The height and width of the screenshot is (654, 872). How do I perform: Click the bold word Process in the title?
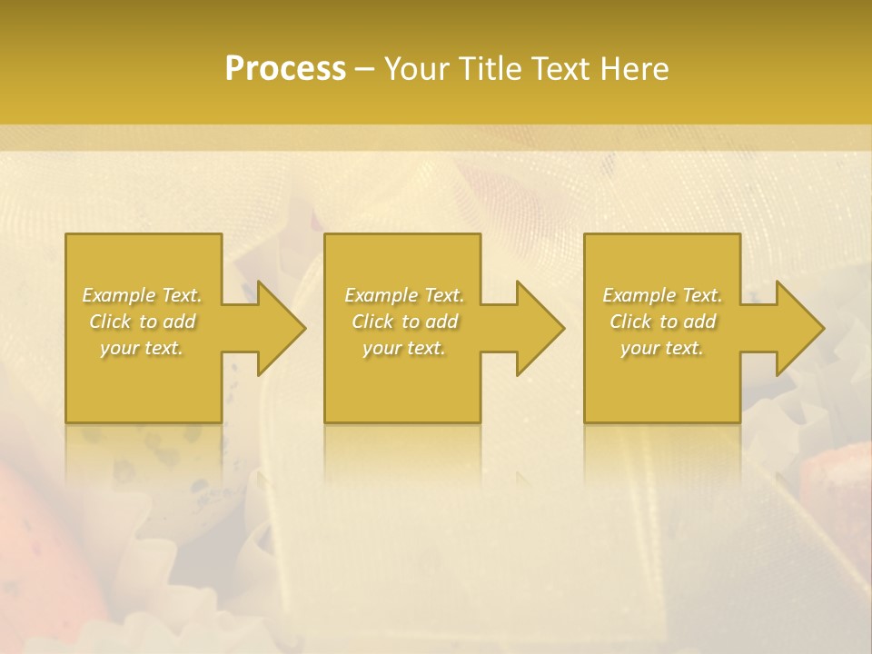(x=285, y=69)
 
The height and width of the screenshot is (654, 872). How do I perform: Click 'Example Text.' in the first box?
(x=142, y=295)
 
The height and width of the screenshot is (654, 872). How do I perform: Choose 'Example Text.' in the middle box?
(x=404, y=295)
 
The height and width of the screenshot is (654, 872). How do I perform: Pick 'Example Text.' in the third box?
(x=662, y=295)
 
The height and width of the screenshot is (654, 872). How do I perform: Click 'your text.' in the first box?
(x=142, y=348)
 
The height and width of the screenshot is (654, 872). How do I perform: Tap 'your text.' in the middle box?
(x=404, y=348)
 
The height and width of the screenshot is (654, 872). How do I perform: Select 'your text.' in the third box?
(x=662, y=348)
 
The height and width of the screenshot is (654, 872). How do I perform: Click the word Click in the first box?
(x=110, y=322)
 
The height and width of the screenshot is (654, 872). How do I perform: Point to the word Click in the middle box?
(x=372, y=322)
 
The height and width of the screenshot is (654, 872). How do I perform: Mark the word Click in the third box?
(x=631, y=322)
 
